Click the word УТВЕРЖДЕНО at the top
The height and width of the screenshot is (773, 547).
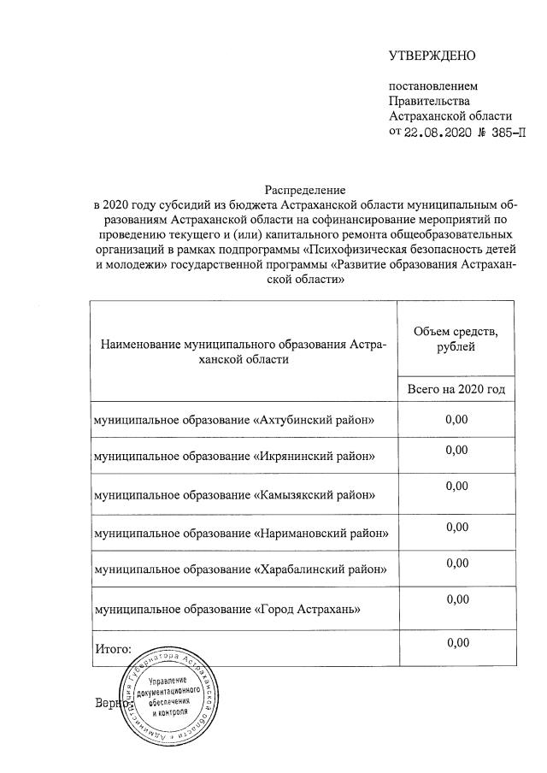432,56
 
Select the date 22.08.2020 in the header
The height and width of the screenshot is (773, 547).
437,132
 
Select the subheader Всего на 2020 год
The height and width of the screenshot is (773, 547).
456,389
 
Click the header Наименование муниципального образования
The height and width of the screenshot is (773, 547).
244,351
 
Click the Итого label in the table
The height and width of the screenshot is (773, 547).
112,649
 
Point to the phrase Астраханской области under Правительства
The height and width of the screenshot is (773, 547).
450,116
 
